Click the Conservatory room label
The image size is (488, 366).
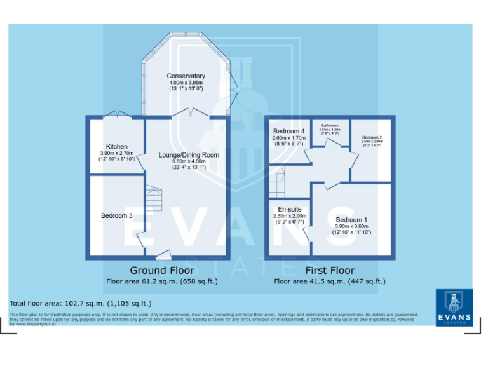(186, 76)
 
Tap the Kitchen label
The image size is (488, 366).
(116, 147)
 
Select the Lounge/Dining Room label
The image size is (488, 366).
(189, 155)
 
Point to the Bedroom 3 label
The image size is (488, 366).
(116, 216)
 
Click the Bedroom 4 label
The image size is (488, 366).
(289, 132)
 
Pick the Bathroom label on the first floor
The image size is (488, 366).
(329, 125)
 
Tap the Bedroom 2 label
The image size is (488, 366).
(372, 137)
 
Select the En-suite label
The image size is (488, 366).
(289, 209)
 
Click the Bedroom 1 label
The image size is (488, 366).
(351, 220)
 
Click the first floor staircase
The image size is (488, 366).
(276, 184)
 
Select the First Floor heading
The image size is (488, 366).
(329, 270)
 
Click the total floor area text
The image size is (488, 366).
(80, 303)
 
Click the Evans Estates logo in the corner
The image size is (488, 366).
(454, 308)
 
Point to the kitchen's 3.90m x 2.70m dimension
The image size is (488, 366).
(116, 153)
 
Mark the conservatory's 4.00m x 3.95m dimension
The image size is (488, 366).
(186, 83)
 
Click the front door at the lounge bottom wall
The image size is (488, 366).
(163, 255)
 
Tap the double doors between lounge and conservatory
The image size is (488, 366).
(192, 113)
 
